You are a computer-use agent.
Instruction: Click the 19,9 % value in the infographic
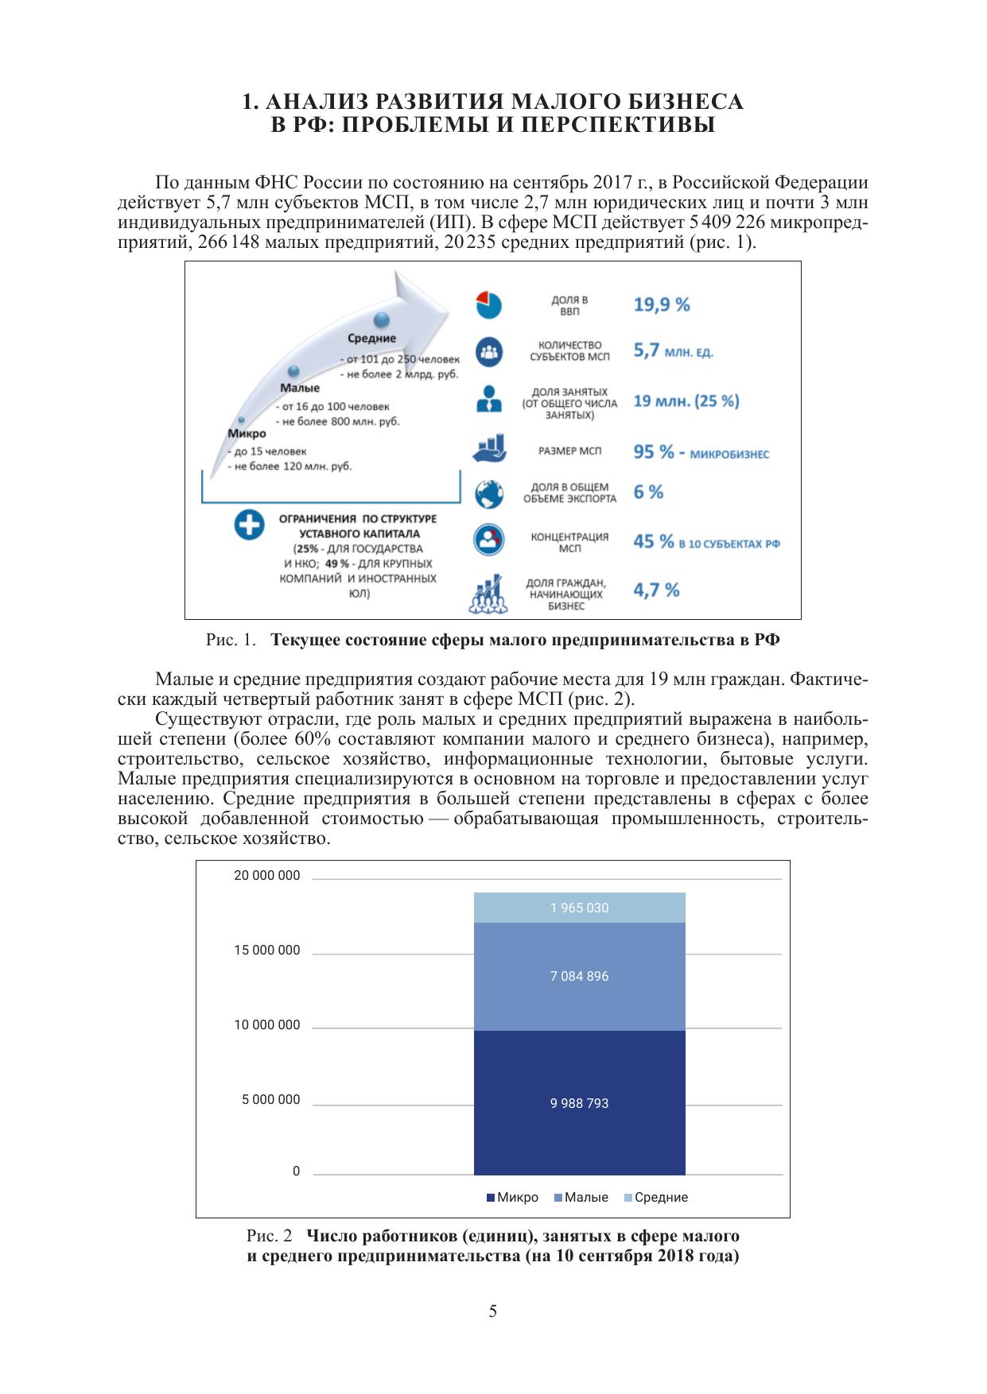(x=661, y=304)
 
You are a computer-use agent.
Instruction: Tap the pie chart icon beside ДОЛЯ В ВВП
(x=489, y=304)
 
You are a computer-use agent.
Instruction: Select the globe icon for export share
(x=489, y=494)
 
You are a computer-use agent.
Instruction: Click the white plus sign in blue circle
(x=249, y=525)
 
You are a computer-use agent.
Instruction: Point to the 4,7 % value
(x=656, y=590)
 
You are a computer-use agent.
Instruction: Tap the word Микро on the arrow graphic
(x=247, y=434)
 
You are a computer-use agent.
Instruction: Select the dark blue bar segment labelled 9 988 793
(x=579, y=1103)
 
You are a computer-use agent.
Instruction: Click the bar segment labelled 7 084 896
(x=579, y=976)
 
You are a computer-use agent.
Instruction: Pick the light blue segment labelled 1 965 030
(x=579, y=908)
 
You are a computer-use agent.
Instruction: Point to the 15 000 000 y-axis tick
(x=267, y=951)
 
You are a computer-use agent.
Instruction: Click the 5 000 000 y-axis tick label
(x=271, y=1100)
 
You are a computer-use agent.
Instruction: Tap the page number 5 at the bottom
(x=493, y=1311)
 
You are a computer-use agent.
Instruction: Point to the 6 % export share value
(x=648, y=492)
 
